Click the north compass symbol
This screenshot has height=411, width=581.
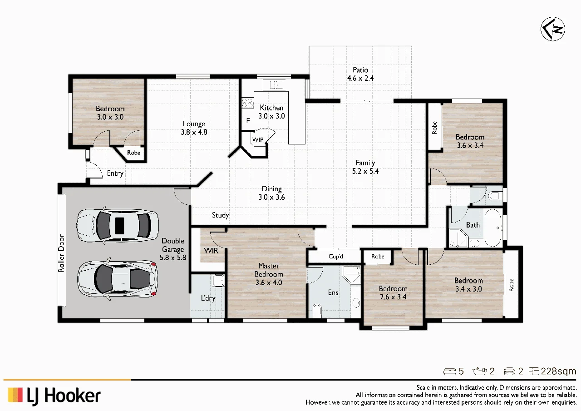point(553,29)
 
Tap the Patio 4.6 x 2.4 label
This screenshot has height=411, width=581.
point(360,74)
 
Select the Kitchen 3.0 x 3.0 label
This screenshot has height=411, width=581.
point(271,112)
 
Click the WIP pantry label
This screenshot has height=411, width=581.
point(258,139)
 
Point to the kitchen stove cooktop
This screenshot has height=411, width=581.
point(247,103)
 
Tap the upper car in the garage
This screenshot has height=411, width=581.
point(118,225)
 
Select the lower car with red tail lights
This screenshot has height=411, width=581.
point(118,279)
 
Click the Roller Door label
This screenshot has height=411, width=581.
point(61,253)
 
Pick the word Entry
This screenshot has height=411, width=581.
point(115,173)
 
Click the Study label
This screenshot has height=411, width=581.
point(220,215)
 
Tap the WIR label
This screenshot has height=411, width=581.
point(211,251)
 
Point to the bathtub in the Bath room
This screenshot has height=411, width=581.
point(493,228)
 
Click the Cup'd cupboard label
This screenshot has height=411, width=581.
point(335,256)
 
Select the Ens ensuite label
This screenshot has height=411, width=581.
point(333,292)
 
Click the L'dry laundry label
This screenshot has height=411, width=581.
point(208,298)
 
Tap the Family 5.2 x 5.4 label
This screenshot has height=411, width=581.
point(365,167)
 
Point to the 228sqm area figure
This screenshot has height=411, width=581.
point(558,371)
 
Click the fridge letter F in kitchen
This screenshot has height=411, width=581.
point(248,121)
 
